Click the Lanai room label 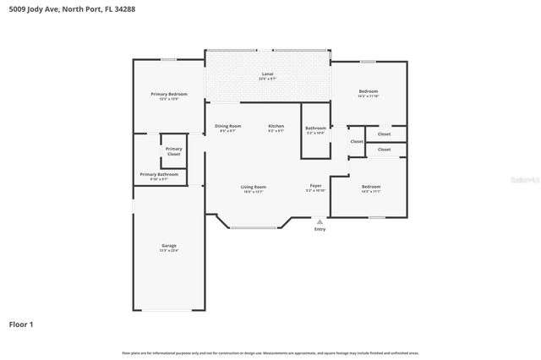(267, 74)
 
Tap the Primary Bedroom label (169, 94)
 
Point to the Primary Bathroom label (159, 174)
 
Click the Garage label (169, 246)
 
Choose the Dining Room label (227, 126)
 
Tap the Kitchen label (276, 126)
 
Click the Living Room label (254, 187)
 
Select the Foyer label (315, 185)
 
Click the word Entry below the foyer (320, 229)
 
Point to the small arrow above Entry (320, 221)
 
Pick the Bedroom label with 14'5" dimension (368, 91)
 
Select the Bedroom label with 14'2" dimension (371, 186)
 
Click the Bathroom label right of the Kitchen (315, 128)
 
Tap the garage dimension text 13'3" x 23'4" (169, 251)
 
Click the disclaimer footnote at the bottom (270, 352)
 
